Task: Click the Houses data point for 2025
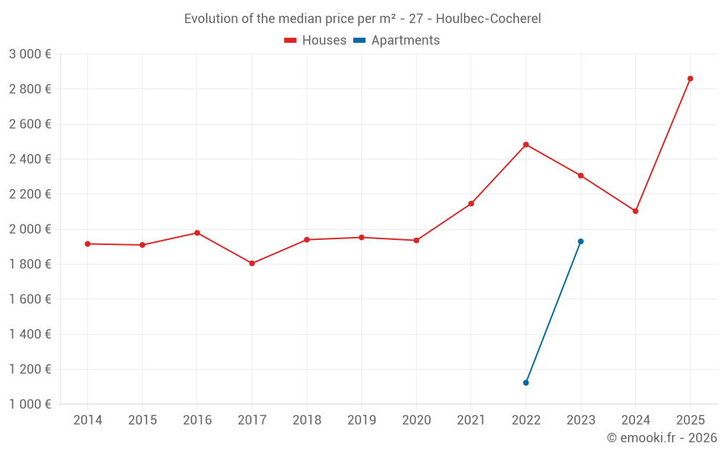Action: click(690, 78)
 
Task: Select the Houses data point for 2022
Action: click(526, 144)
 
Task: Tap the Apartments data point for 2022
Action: click(526, 383)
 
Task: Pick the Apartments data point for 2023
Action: click(581, 241)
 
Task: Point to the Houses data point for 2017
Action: click(252, 263)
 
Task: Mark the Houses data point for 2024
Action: click(635, 211)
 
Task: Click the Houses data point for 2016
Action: click(197, 233)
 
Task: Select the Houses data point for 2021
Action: click(471, 204)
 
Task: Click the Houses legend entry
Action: click(315, 41)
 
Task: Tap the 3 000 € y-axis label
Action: click(30, 54)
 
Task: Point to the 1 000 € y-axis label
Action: click(30, 404)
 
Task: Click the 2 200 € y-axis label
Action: click(30, 194)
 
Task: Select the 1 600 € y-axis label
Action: click(30, 299)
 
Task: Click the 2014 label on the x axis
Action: click(88, 420)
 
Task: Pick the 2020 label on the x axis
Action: click(416, 420)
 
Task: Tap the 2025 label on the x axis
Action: click(690, 420)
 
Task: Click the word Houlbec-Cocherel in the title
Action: click(488, 19)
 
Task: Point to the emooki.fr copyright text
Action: click(662, 438)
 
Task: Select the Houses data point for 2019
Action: click(361, 237)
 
